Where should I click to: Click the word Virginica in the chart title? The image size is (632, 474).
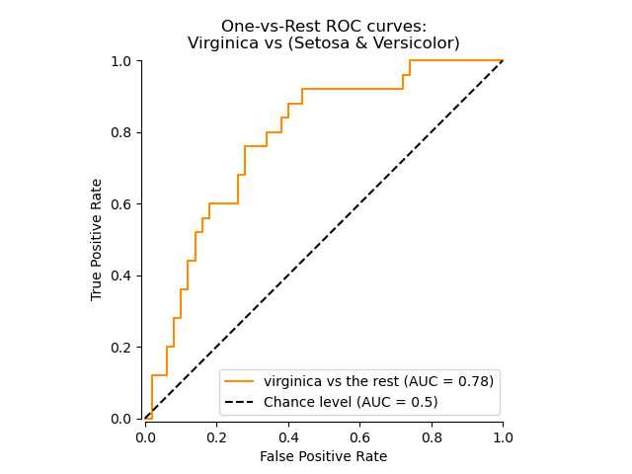click(x=220, y=43)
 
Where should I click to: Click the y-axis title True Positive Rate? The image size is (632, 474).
click(x=97, y=239)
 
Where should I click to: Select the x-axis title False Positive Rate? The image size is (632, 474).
click(x=323, y=456)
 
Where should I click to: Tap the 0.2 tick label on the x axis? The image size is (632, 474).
click(x=216, y=435)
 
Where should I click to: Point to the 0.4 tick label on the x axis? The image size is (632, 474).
click(x=288, y=435)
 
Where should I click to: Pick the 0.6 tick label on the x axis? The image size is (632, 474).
click(x=359, y=435)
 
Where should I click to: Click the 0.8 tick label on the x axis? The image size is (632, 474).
click(x=432, y=435)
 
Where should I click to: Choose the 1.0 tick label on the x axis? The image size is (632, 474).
click(x=503, y=435)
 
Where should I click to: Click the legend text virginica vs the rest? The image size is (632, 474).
click(x=336, y=380)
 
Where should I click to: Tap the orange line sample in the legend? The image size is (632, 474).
click(x=239, y=380)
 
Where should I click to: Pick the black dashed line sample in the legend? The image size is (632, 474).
click(x=239, y=402)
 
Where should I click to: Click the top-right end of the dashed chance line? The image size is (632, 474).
click(x=503, y=61)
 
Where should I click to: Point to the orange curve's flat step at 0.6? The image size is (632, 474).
click(x=223, y=203)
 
